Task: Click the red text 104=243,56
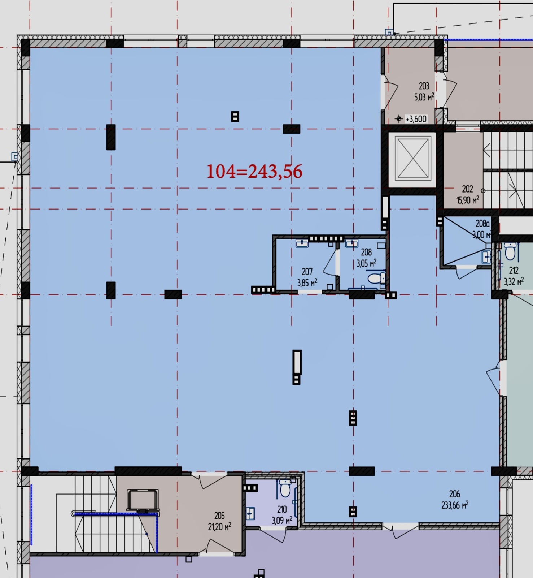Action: [254, 171]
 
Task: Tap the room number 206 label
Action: [455, 494]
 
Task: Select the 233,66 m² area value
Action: [455, 505]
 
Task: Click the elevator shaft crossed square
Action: [413, 158]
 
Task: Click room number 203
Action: [424, 86]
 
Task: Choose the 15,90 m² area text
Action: [468, 200]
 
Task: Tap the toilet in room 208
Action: [376, 279]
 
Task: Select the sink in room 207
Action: [302, 243]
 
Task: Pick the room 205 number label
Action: [219, 516]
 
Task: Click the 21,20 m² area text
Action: [219, 526]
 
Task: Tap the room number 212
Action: [514, 270]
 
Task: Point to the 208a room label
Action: [482, 224]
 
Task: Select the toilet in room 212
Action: [510, 251]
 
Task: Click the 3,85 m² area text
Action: [307, 282]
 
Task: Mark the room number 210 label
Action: [282, 509]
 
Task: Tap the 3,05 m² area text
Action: [366, 263]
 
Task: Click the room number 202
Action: [467, 189]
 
